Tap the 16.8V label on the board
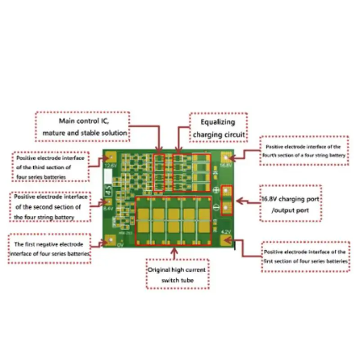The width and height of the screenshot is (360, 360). [x=225, y=166]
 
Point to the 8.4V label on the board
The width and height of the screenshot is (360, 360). [x=108, y=208]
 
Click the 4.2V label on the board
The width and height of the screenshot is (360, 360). [x=225, y=232]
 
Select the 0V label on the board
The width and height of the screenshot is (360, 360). [x=120, y=245]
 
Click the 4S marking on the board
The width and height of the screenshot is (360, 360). [x=108, y=191]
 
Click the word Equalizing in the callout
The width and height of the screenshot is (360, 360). [x=218, y=122]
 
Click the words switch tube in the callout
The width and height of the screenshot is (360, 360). [x=177, y=280]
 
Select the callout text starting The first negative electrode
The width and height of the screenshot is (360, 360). [x=49, y=244]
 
